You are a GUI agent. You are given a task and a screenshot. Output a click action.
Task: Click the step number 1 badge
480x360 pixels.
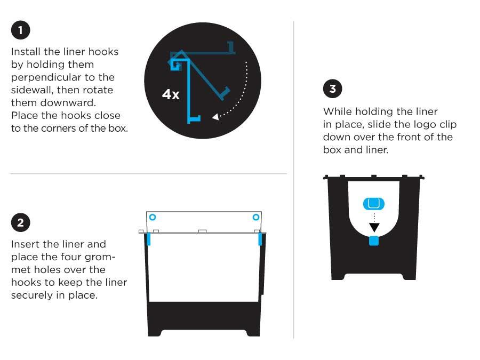pyautogui.click(x=20, y=30)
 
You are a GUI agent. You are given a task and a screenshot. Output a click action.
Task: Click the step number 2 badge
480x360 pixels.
pyautogui.click(x=20, y=222)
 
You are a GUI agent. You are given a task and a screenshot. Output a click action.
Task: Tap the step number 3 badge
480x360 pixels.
pyautogui.click(x=333, y=89)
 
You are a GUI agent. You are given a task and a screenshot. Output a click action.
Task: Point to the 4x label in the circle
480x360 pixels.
pyautogui.click(x=171, y=95)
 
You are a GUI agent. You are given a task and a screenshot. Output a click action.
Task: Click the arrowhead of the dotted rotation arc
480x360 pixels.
pyautogui.click(x=215, y=116)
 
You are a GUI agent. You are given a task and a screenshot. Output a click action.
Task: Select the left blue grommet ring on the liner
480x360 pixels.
pyautogui.click(x=153, y=217)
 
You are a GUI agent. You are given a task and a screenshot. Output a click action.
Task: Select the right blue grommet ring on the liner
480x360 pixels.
pyautogui.click(x=255, y=217)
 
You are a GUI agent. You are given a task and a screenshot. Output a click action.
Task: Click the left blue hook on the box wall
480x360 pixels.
pyautogui.click(x=149, y=238)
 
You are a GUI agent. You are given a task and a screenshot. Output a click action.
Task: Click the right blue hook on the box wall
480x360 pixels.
pyautogui.click(x=260, y=238)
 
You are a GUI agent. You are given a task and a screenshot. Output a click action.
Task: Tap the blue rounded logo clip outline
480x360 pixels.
pyautogui.click(x=374, y=203)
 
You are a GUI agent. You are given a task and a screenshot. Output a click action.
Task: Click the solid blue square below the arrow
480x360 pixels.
pyautogui.click(x=374, y=241)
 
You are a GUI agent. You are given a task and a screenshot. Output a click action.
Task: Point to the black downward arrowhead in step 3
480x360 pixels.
pyautogui.click(x=374, y=227)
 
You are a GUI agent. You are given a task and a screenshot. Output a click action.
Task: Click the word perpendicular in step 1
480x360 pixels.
pyautogui.click(x=44, y=77)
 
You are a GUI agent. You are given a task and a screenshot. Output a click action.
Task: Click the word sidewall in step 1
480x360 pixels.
pyautogui.click(x=31, y=90)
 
